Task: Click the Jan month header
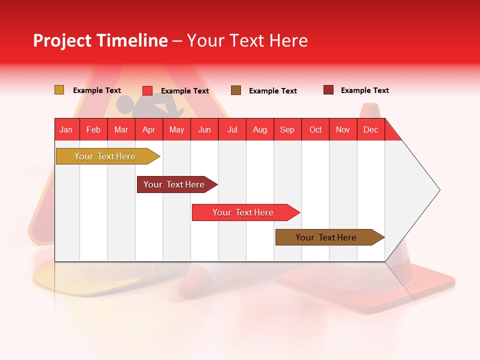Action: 66,129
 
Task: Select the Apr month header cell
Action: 149,129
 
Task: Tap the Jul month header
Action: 232,129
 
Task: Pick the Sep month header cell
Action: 287,129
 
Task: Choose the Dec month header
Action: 370,129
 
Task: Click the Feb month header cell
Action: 93,129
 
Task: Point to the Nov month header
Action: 343,129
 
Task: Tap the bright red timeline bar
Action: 243,212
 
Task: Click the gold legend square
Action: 59,90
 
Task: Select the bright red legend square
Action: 147,90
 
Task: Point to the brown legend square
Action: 236,90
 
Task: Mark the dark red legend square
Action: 328,90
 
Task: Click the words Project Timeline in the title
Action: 100,40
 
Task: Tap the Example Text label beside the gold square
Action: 97,90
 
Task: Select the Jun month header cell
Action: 204,129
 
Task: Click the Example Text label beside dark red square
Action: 365,90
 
